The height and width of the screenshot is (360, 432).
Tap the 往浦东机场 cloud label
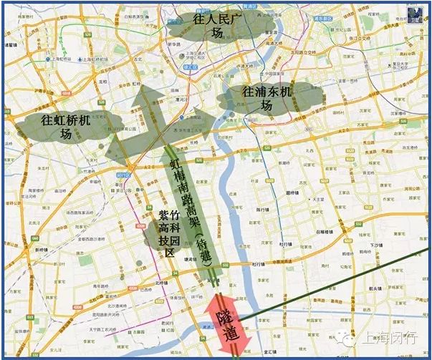click(267, 99)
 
